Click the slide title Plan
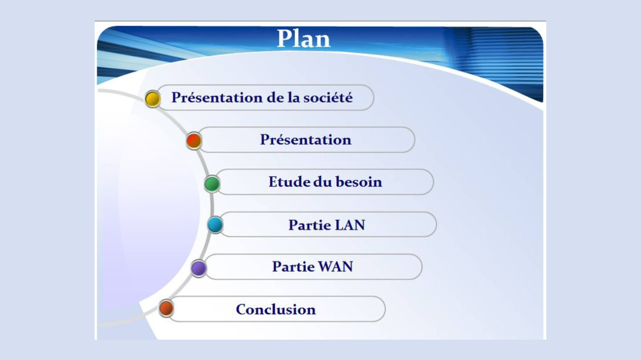point(304,39)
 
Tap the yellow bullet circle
point(153,99)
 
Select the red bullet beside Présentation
point(194,141)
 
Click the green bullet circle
point(212,184)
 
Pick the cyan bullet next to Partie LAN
point(215,225)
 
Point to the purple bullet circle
point(198,268)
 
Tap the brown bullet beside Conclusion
point(166,308)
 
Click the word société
point(328,97)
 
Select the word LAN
point(350,225)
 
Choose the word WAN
point(335,267)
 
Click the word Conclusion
point(276,309)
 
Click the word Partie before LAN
point(310,225)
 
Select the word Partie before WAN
point(294,267)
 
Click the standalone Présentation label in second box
point(306,140)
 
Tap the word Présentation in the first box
point(217,98)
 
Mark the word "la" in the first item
point(294,97)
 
